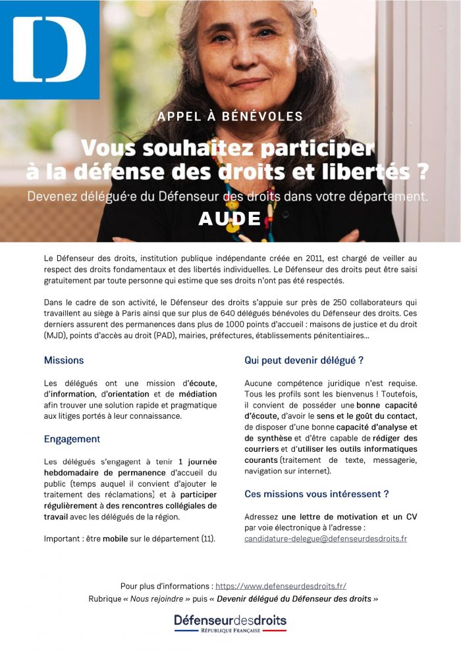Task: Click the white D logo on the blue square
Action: click(49, 50)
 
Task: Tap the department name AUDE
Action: click(230, 218)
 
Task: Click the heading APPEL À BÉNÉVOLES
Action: click(230, 116)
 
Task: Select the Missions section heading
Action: click(64, 360)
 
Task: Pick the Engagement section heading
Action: click(72, 439)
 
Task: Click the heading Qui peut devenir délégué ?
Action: click(304, 360)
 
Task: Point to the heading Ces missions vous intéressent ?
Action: click(316, 493)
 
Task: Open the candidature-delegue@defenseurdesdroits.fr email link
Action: click(325, 539)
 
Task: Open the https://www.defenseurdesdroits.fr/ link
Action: click(281, 586)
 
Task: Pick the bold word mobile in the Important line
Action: click(115, 539)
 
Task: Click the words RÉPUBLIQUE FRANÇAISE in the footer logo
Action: click(230, 630)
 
